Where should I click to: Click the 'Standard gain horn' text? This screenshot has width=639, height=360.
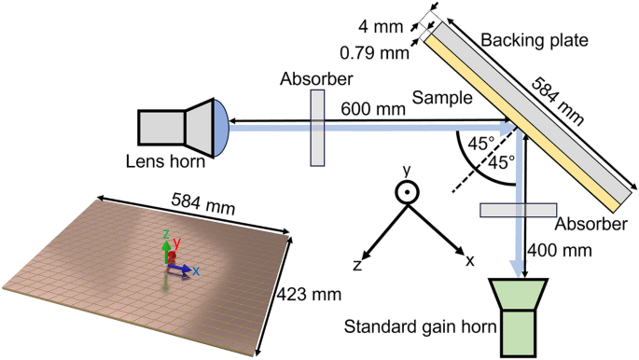pyautogui.click(x=414, y=327)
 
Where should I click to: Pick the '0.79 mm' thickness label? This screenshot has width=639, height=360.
pyautogui.click(x=376, y=53)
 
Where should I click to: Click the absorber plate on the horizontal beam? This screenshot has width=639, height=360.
pyautogui.click(x=317, y=128)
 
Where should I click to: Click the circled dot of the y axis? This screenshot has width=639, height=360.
pyautogui.click(x=407, y=192)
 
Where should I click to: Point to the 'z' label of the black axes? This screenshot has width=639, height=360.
pyautogui.click(x=356, y=266)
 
